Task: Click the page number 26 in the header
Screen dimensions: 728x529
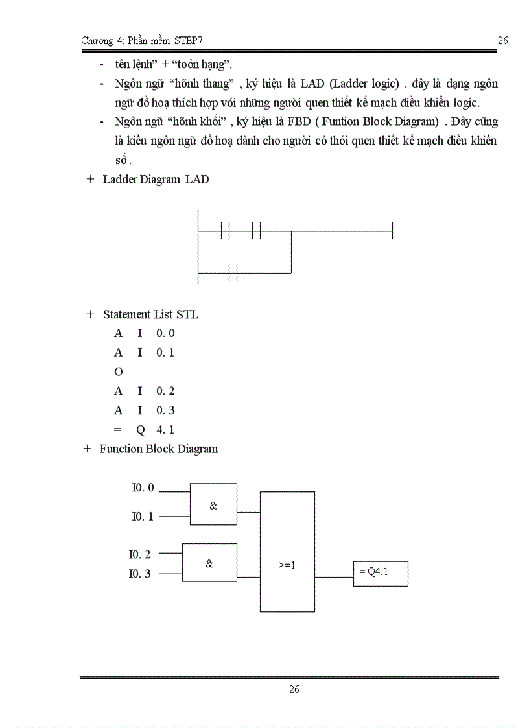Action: point(502,41)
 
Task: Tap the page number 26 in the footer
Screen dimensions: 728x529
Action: point(294,689)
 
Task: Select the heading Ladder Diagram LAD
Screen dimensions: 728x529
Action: point(156,180)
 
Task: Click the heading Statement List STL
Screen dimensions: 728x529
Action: point(150,314)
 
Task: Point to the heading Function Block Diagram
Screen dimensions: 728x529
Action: point(158,449)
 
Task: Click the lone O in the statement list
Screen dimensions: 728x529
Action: point(119,372)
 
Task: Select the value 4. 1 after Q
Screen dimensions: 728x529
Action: point(165,430)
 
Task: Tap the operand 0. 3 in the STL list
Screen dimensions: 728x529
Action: point(165,410)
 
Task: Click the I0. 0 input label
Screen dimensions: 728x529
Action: point(143,488)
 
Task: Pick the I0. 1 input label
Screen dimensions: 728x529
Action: point(143,517)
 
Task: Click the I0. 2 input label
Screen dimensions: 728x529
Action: point(139,554)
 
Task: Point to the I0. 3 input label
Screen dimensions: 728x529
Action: point(139,574)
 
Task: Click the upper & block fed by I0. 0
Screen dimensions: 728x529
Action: point(213,504)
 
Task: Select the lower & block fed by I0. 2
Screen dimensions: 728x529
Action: point(209,563)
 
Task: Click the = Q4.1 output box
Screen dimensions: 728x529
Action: point(381,573)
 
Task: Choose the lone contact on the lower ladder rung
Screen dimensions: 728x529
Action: point(233,273)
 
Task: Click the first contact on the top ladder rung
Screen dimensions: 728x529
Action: point(225,230)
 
